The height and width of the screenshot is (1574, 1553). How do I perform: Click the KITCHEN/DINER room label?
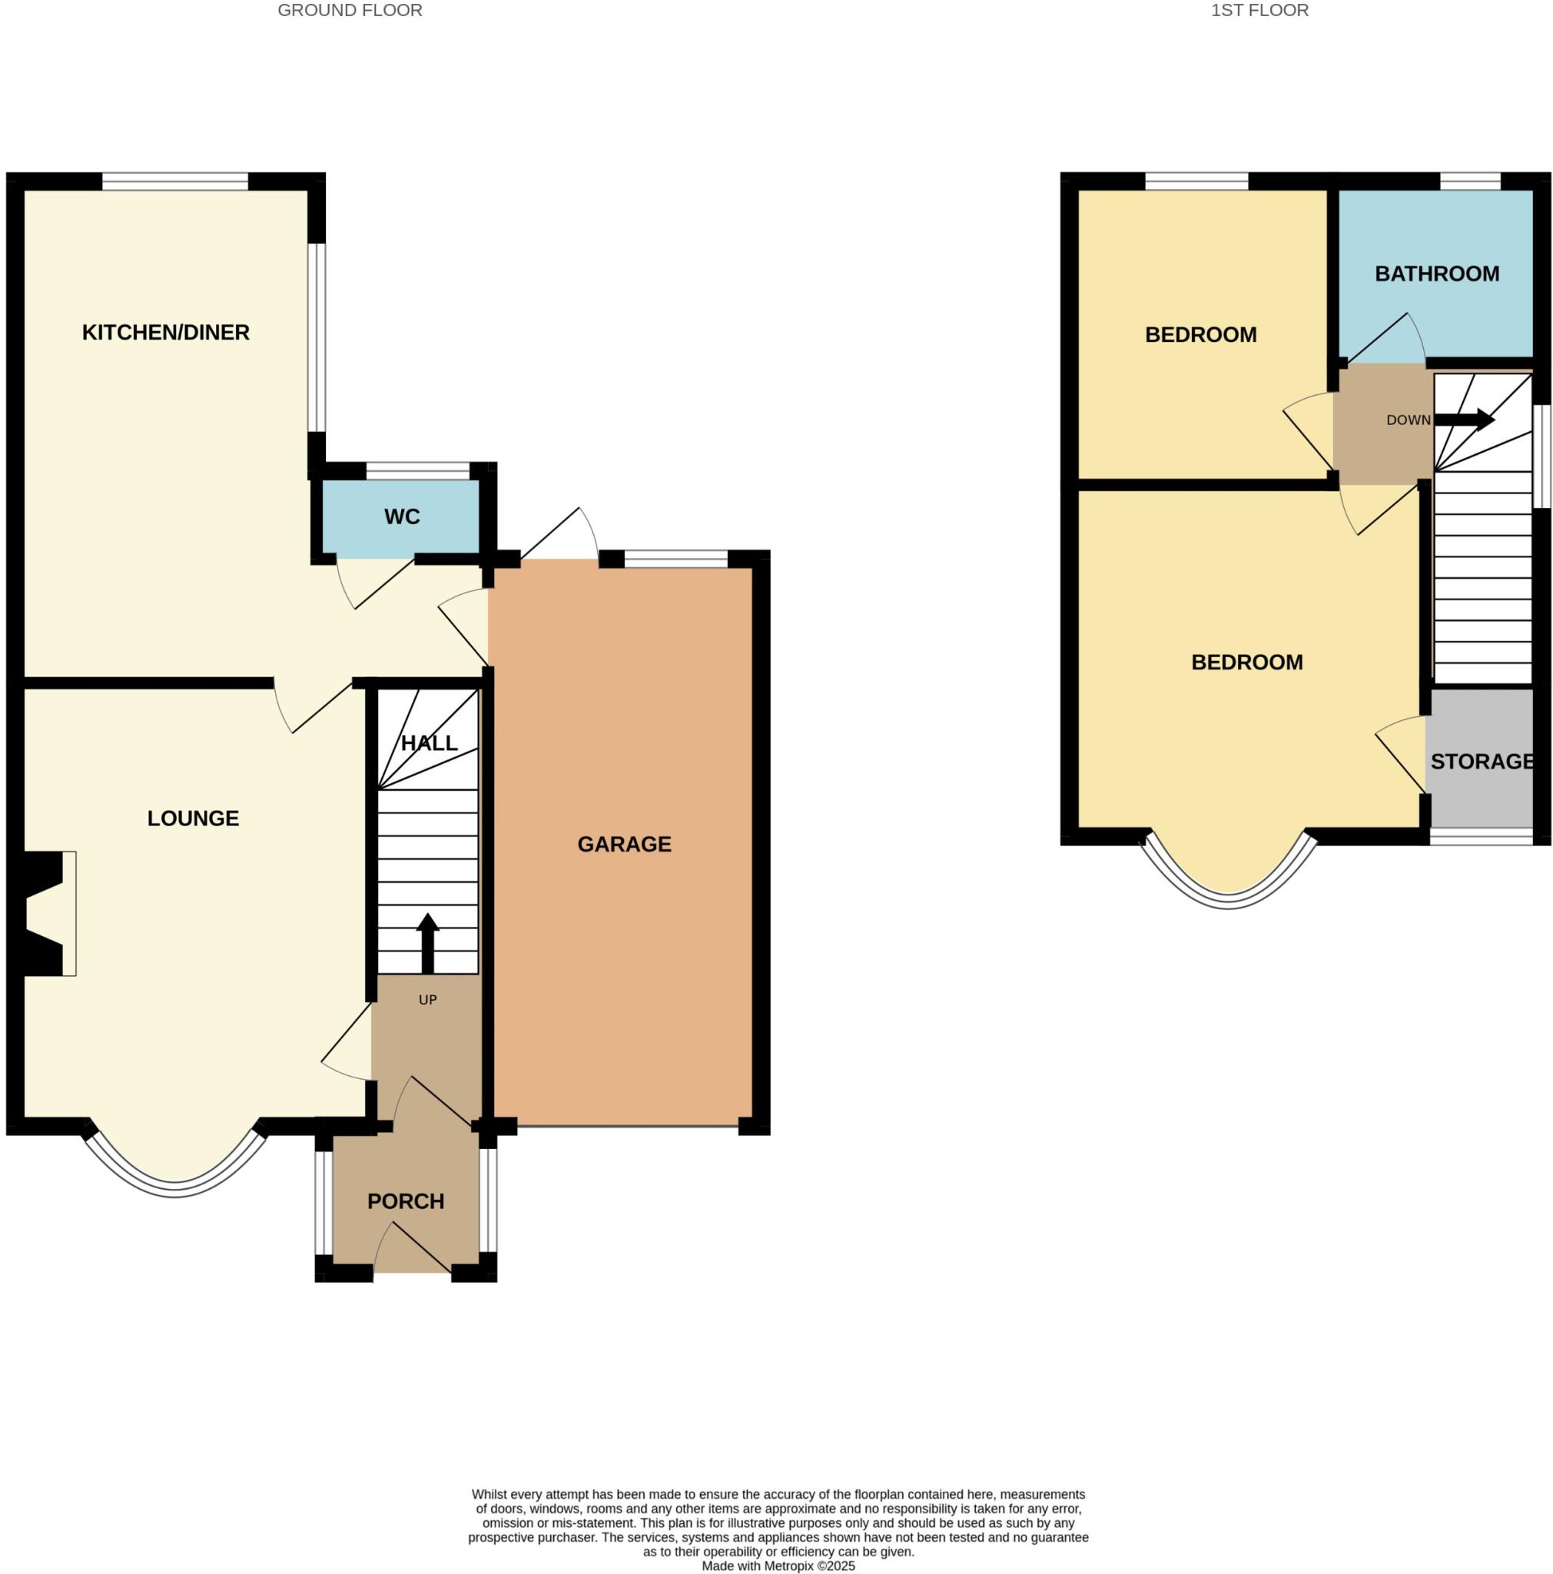165,332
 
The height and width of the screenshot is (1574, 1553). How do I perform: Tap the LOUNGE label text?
193,818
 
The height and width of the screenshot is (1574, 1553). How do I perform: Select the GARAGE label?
624,844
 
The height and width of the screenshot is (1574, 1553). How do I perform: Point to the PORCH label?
406,1201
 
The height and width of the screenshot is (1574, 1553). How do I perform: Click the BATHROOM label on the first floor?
1436,274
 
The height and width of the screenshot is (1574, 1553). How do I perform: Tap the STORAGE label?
1482,761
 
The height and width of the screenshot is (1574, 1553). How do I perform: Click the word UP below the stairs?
427,1000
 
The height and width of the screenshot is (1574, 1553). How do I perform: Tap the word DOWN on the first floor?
1408,420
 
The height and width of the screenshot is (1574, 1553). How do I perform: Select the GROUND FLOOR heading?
350,11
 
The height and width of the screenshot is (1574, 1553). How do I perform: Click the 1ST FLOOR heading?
1259,11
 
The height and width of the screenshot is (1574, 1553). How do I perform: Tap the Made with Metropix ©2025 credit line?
778,1565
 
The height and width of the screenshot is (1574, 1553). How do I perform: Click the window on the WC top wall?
418,471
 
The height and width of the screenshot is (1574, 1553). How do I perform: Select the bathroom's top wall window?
1469,181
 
